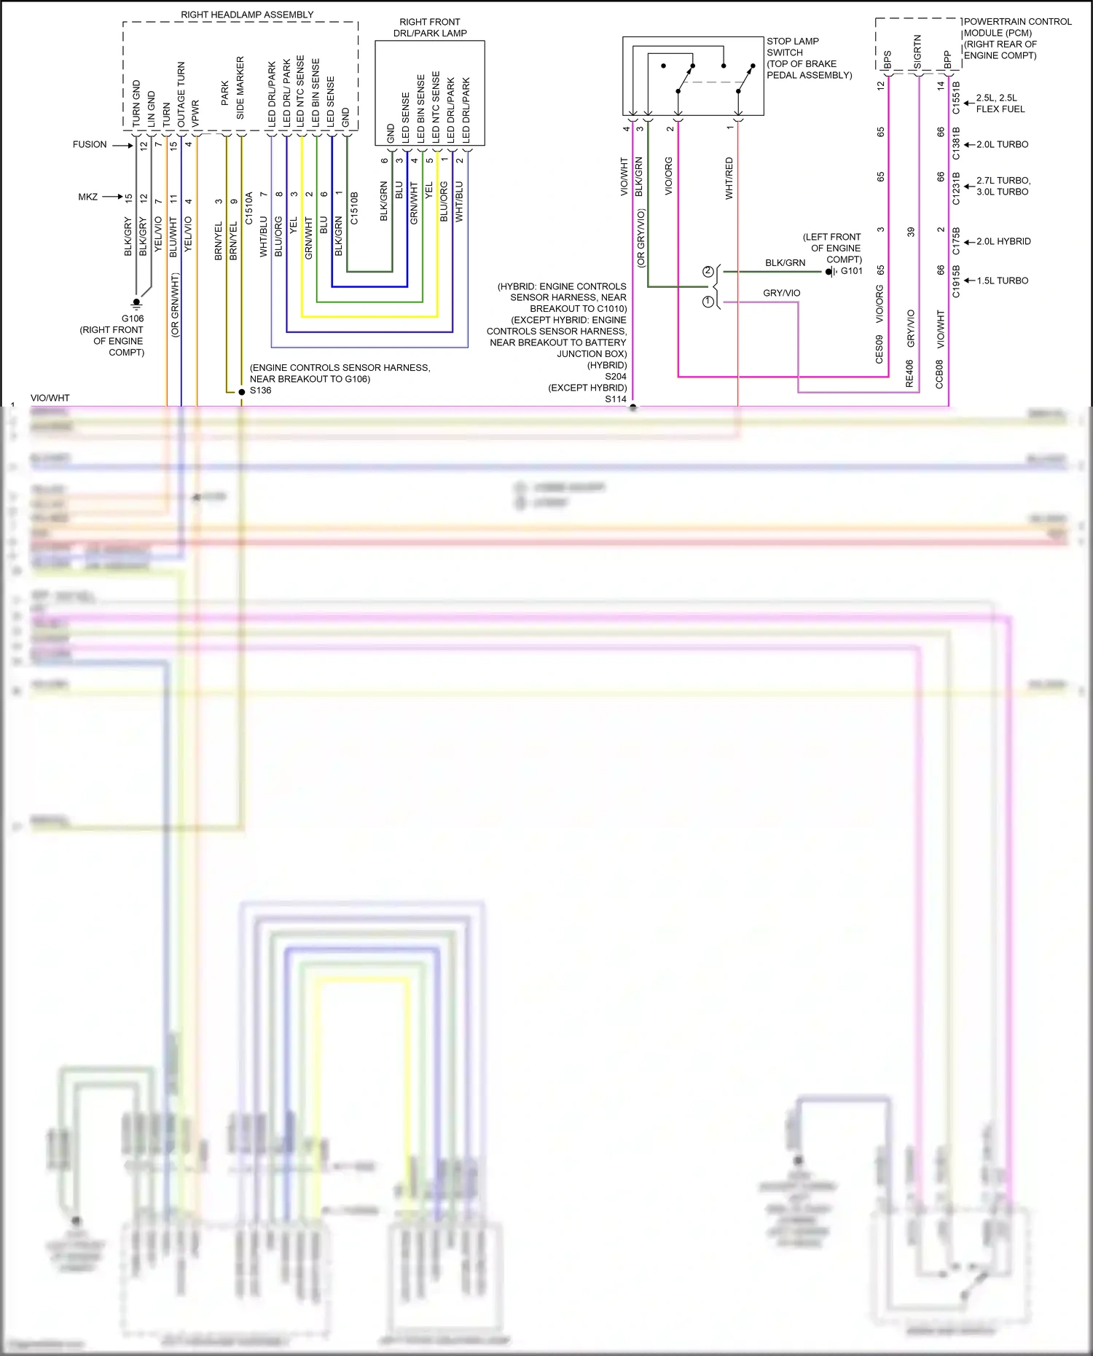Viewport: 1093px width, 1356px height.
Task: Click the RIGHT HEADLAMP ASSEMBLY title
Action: pos(247,15)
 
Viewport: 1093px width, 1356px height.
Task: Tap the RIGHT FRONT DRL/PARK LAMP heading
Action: pos(430,28)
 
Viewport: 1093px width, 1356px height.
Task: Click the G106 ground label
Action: pos(133,318)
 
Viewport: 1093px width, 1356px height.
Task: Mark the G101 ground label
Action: pos(851,271)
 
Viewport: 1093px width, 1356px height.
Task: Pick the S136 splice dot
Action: pos(242,392)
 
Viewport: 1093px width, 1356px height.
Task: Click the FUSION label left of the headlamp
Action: pos(90,144)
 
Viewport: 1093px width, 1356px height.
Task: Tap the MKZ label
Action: pos(88,197)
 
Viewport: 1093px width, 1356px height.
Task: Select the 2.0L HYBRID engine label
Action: pos(1003,241)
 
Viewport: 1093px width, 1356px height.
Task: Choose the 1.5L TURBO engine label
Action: pos(1003,281)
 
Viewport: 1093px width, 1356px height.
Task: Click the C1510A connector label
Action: pos(248,208)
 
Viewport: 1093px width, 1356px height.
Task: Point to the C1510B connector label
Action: pos(355,208)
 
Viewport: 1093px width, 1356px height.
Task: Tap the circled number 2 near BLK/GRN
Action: pos(708,272)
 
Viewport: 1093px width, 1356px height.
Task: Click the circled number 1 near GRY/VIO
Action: pos(708,301)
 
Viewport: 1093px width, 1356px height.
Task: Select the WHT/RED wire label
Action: pos(729,178)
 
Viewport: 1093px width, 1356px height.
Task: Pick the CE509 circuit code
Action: pos(880,349)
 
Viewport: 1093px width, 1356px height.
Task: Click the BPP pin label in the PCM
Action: pos(947,59)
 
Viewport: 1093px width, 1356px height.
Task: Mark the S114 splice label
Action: pos(616,399)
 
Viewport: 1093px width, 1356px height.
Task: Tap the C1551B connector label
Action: pos(956,98)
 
